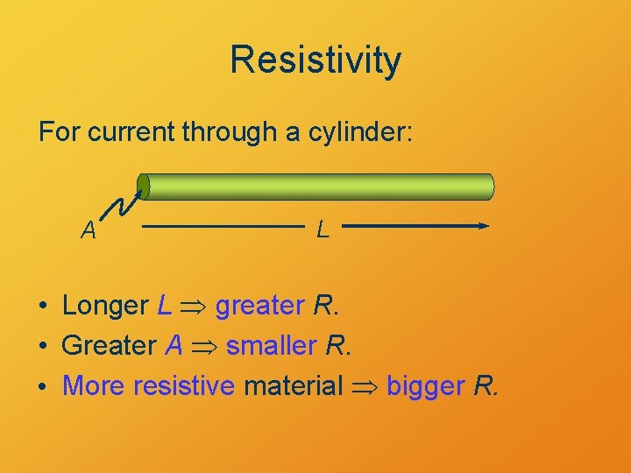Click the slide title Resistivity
[315, 60]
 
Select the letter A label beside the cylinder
[89, 230]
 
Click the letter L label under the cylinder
[323, 230]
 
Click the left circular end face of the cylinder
[144, 187]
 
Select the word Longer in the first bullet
[105, 306]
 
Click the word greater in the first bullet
[259, 307]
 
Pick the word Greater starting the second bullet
[109, 345]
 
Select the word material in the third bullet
[293, 385]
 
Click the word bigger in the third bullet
[424, 385]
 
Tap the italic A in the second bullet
[174, 345]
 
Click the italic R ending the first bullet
[323, 306]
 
